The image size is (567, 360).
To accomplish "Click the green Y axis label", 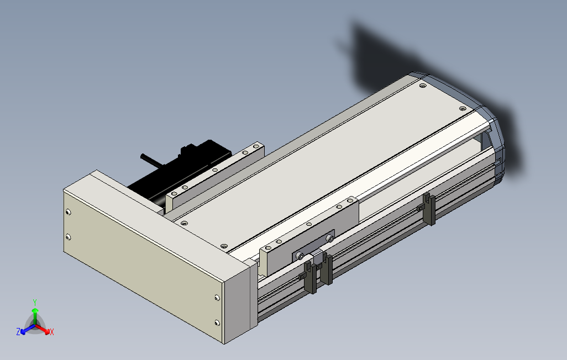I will tap(34, 302).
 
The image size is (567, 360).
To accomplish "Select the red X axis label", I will tap(51, 332).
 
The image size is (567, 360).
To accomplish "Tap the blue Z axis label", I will tap(18, 332).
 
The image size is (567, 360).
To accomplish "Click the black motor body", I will tap(166, 177).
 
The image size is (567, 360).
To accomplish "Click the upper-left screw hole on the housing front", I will tap(68, 213).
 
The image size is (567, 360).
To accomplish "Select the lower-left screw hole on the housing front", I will tap(68, 237).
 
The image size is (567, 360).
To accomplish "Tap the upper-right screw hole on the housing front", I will tap(216, 298).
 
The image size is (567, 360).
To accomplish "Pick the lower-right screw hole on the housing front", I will tap(216, 322).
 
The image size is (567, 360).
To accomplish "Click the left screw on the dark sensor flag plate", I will tap(300, 255).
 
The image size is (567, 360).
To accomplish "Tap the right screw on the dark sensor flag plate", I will tap(329, 238).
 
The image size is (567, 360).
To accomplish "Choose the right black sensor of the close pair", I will tap(327, 269).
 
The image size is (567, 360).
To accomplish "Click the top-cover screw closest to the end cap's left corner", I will tap(423, 86).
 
